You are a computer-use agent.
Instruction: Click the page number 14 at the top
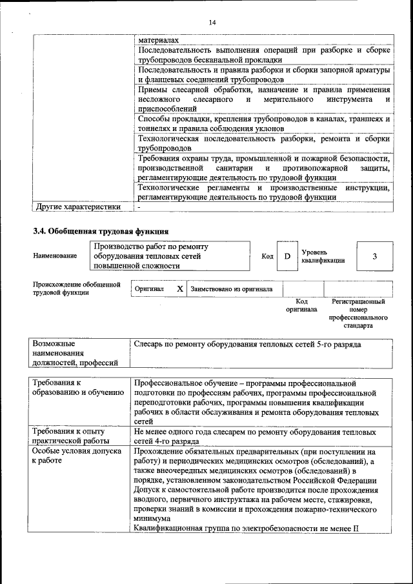[212, 23]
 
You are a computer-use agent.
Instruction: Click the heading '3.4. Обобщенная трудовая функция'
[101, 230]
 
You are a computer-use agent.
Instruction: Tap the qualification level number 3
[374, 257]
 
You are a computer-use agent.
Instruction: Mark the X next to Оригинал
[180, 289]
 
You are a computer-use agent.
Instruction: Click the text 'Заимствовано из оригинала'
[232, 289]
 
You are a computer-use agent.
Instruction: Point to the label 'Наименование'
[55, 256]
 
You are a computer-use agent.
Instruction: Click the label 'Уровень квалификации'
[322, 256]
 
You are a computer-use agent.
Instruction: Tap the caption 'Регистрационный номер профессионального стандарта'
[358, 313]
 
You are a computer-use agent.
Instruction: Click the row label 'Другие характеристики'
[77, 207]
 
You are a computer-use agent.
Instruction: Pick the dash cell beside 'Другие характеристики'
[139, 207]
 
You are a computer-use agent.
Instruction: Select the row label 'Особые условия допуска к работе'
[77, 457]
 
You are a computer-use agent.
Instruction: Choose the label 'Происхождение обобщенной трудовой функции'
[77, 288]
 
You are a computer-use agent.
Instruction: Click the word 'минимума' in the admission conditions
[152, 518]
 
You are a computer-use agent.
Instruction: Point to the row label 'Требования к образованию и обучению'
[77, 387]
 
